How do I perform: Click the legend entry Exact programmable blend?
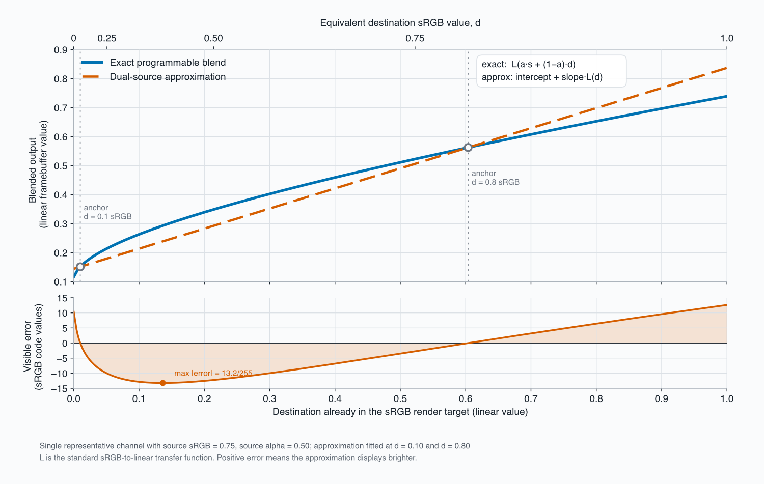click(x=153, y=63)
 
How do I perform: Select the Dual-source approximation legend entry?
click(x=153, y=77)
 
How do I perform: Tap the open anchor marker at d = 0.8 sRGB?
click(x=468, y=147)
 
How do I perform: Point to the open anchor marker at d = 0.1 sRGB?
click(x=80, y=267)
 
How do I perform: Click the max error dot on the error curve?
click(x=162, y=383)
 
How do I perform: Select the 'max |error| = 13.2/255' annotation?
click(x=213, y=373)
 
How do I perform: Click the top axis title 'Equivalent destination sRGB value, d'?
click(x=400, y=23)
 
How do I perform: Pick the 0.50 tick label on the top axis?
click(x=213, y=38)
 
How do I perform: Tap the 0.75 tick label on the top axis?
click(x=415, y=38)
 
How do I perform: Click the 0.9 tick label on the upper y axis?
click(x=61, y=50)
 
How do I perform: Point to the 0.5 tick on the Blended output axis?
click(x=61, y=166)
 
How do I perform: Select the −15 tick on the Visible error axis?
click(x=60, y=388)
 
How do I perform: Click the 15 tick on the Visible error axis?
click(x=63, y=298)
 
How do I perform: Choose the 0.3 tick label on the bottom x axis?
click(x=269, y=399)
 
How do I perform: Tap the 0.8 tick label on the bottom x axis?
click(x=596, y=399)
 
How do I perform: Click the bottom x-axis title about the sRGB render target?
click(x=400, y=412)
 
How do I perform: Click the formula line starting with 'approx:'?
click(x=542, y=77)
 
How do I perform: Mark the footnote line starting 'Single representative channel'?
click(x=255, y=446)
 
